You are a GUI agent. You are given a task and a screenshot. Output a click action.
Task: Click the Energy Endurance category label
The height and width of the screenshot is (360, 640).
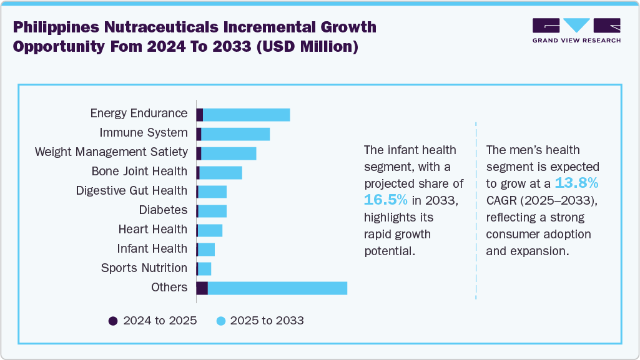pyautogui.click(x=139, y=113)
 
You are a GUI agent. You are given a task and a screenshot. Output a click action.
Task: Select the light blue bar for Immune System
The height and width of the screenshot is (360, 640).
pyautogui.click(x=235, y=134)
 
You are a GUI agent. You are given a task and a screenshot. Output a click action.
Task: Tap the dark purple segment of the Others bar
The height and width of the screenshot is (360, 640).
pyautogui.click(x=202, y=288)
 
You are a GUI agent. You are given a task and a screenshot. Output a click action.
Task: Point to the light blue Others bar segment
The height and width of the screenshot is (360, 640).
pyautogui.click(x=277, y=288)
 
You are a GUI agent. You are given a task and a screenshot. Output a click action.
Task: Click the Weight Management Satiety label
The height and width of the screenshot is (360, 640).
pyautogui.click(x=111, y=152)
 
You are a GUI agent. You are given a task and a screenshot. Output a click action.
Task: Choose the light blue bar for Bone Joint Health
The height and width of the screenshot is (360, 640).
pyautogui.click(x=220, y=172)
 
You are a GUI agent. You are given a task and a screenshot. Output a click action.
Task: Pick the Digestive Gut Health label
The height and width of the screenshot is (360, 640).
pyautogui.click(x=131, y=190)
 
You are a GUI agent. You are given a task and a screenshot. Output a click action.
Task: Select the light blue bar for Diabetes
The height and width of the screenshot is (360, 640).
pyautogui.click(x=212, y=211)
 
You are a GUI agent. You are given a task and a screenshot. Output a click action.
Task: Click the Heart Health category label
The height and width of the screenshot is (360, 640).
pyautogui.click(x=152, y=229)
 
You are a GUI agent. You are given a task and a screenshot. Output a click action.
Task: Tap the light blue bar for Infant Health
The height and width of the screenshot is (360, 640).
pyautogui.click(x=206, y=250)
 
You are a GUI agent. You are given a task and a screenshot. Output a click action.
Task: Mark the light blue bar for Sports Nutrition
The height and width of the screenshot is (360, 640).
pyautogui.click(x=204, y=268)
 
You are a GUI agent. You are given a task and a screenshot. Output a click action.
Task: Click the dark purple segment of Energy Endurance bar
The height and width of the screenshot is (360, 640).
pyautogui.click(x=200, y=115)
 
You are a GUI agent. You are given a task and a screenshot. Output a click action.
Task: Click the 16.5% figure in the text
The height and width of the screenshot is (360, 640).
pyautogui.click(x=386, y=200)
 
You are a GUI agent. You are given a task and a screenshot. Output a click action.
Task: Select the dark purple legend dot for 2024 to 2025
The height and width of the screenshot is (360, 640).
pyautogui.click(x=113, y=321)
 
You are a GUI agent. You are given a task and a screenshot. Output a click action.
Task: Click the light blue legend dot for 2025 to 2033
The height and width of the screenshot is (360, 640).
pyautogui.click(x=220, y=321)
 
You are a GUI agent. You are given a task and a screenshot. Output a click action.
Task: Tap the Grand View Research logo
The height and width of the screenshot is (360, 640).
pyautogui.click(x=576, y=30)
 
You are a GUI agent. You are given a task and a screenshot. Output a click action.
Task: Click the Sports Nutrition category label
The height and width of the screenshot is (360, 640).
pyautogui.click(x=144, y=268)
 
